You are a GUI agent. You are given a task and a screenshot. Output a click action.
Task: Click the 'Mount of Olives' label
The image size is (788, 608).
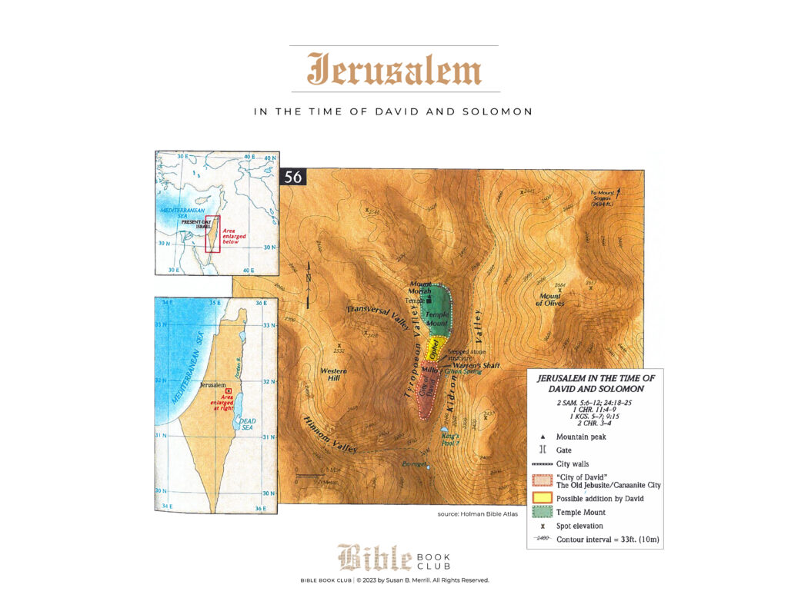pyautogui.click(x=551, y=300)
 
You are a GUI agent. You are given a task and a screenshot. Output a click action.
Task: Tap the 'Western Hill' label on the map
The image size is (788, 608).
pyautogui.click(x=332, y=375)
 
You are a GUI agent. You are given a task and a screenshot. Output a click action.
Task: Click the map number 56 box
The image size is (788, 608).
pyautogui.click(x=293, y=177)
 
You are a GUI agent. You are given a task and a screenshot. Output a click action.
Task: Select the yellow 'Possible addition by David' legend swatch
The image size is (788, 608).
pyautogui.click(x=541, y=497)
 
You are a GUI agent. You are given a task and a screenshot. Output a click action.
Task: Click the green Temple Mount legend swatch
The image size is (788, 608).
pyautogui.click(x=541, y=511)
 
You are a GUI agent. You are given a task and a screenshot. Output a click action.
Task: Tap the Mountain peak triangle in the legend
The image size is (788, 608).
pyautogui.click(x=541, y=436)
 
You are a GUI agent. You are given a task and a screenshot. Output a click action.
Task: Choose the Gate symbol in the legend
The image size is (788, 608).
pyautogui.click(x=541, y=450)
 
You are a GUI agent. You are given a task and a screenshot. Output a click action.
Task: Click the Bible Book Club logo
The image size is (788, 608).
pyautogui.click(x=394, y=557)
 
